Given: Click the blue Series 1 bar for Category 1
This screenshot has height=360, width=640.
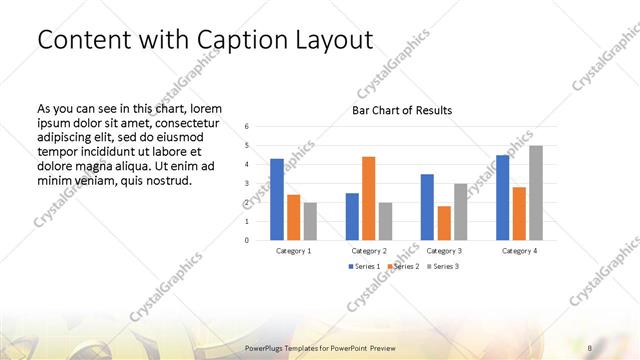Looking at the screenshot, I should click(277, 199).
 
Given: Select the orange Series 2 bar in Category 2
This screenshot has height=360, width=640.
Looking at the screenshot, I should click(368, 198).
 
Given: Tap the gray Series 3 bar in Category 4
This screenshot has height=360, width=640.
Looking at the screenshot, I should click(536, 193).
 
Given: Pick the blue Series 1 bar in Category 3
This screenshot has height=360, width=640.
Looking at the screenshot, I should click(427, 207).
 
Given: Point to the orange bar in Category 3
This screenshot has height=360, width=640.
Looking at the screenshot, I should click(443, 223).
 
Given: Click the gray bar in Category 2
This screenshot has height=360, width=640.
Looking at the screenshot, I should click(385, 221).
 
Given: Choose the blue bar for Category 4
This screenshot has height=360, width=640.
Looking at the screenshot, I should click(503, 197).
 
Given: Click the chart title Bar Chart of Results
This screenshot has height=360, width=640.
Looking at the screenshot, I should click(402, 110).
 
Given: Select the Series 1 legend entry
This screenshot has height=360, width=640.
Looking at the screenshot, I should click(363, 267).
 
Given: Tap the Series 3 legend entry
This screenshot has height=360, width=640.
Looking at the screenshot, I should click(443, 267).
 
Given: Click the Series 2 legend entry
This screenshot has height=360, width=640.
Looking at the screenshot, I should click(403, 267).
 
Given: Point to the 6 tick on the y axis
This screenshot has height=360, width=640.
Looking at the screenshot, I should click(247, 127).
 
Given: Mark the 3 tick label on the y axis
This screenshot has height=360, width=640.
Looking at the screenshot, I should click(247, 184).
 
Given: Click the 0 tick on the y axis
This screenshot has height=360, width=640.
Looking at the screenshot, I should click(247, 240).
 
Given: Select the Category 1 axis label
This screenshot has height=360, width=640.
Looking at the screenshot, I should click(294, 251).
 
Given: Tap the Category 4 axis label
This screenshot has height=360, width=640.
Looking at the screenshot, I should click(520, 251).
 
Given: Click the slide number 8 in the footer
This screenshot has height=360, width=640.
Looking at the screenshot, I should click(590, 346).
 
